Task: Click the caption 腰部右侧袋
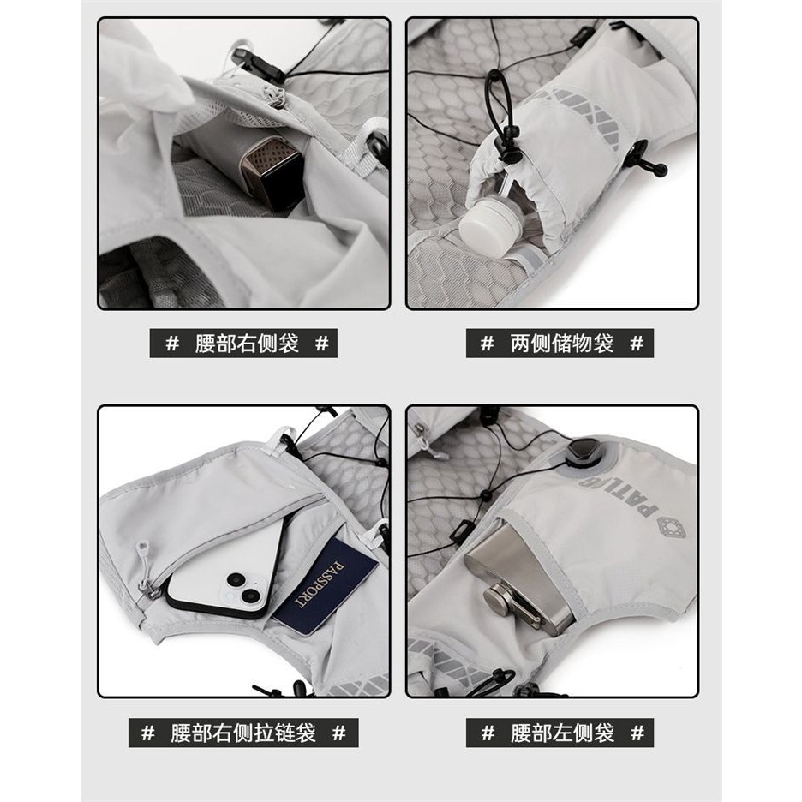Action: click(247, 344)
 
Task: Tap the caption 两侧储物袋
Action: click(561, 344)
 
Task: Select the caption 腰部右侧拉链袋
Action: click(243, 733)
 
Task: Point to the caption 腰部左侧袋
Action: click(561, 733)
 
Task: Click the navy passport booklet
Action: click(326, 585)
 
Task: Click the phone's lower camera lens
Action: click(251, 596)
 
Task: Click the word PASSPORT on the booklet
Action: click(320, 584)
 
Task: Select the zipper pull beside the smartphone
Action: click(144, 568)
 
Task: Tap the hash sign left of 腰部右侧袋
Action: click(172, 344)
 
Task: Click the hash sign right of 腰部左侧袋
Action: click(637, 733)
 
